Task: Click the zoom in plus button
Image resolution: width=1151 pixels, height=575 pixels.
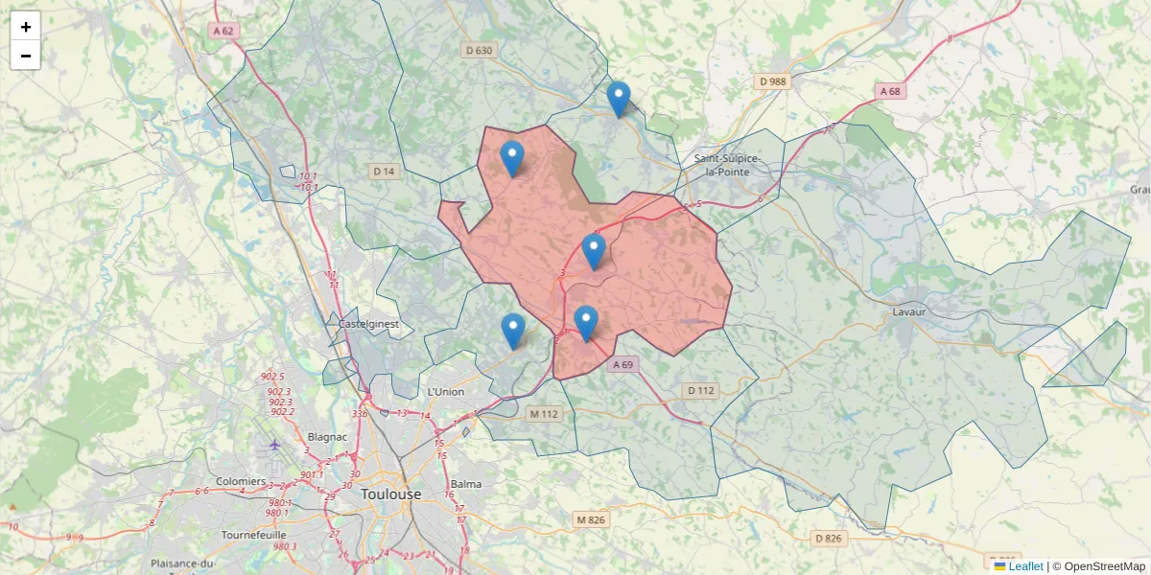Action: [26, 27]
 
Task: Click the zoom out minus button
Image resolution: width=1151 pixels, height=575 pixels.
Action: [26, 56]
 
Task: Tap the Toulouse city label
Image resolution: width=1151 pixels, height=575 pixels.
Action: [391, 494]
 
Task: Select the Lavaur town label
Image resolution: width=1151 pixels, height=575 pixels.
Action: [907, 312]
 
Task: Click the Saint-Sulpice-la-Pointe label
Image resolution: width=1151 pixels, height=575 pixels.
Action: [728, 165]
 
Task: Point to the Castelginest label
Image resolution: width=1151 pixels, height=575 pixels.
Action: [368, 325]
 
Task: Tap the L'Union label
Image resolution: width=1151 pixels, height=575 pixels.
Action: [445, 392]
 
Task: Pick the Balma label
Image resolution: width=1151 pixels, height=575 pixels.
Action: [466, 485]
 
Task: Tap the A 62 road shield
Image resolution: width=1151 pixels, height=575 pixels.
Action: [223, 31]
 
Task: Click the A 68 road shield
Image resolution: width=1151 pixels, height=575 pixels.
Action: [890, 91]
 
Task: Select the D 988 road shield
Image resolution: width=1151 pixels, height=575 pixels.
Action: [772, 81]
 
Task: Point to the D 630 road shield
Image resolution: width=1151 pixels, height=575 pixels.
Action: [478, 51]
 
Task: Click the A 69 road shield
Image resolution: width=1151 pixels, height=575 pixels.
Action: [623, 365]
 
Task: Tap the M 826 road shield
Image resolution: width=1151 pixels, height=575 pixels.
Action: [591, 519]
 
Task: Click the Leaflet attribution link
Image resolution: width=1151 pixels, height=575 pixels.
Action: [1025, 566]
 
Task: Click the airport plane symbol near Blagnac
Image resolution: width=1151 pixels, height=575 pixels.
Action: [275, 444]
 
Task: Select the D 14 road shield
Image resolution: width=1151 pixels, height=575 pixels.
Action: [384, 172]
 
